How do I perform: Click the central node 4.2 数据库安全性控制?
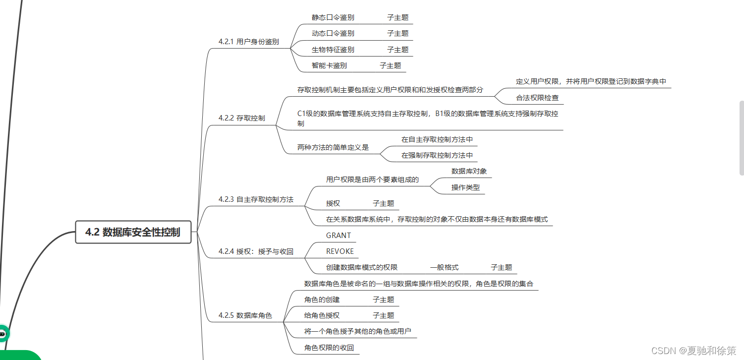(133, 232)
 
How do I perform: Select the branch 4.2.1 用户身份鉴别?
(248, 42)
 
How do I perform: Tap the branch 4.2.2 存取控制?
(241, 118)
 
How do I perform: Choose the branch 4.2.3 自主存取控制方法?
(256, 199)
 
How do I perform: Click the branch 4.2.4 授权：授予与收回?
(256, 251)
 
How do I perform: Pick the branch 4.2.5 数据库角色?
(245, 315)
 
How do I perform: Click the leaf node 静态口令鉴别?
(333, 17)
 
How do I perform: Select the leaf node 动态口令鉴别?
(333, 33)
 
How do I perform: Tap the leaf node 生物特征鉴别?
(333, 50)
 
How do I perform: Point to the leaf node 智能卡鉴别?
(329, 65)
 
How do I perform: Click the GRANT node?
(339, 236)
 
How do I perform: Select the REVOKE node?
(340, 251)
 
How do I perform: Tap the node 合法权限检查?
(537, 98)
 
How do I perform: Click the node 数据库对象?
(469, 171)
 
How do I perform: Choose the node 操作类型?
(465, 187)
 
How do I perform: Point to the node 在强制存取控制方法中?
(437, 155)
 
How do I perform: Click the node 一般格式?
(444, 268)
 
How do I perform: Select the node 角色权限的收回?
(329, 348)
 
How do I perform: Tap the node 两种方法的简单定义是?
(333, 147)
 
